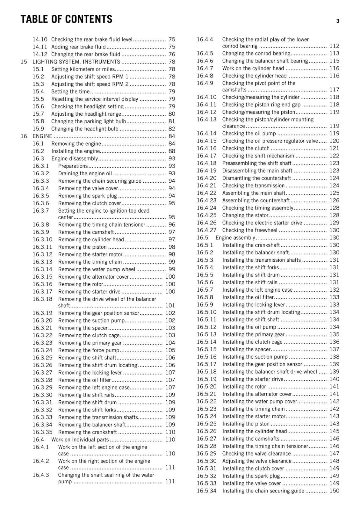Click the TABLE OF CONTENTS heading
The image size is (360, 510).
click(x=66, y=19)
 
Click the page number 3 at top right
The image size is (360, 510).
click(x=338, y=21)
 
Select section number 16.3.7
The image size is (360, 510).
click(x=41, y=211)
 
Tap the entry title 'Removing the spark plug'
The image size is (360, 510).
click(x=87, y=196)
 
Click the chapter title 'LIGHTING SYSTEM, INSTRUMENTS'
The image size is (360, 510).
click(x=76, y=62)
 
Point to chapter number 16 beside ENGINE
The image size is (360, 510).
click(x=24, y=136)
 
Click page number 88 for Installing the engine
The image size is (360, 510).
click(x=172, y=151)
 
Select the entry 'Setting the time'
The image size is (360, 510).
click(x=70, y=92)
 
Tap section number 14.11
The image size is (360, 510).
click(x=40, y=47)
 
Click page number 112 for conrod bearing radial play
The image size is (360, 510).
click(x=334, y=46)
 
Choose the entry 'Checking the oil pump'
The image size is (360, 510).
click(x=249, y=134)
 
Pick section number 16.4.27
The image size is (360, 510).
click(x=206, y=230)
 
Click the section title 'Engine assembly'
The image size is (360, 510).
click(x=235, y=238)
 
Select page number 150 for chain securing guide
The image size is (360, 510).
click(x=334, y=491)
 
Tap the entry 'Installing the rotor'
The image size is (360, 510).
click(x=244, y=387)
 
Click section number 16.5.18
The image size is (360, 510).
click(x=206, y=372)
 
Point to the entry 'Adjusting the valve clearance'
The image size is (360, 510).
click(x=256, y=461)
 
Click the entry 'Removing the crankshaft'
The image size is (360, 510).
click(x=88, y=432)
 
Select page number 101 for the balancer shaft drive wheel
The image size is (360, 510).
click(x=170, y=306)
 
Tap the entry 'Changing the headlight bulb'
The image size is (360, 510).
click(x=85, y=129)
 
